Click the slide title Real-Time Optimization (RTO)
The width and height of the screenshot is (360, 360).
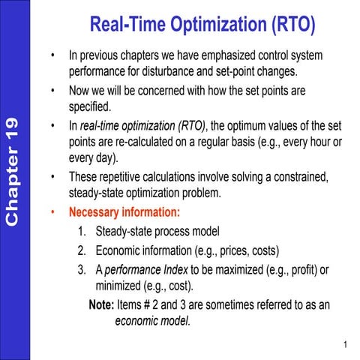(202, 25)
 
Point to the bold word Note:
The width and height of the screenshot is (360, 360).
(100, 306)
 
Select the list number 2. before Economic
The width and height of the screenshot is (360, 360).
(82, 250)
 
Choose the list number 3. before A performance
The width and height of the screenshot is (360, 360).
(82, 270)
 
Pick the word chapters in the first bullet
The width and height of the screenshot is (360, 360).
(155, 55)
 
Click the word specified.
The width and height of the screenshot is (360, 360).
(89, 107)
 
